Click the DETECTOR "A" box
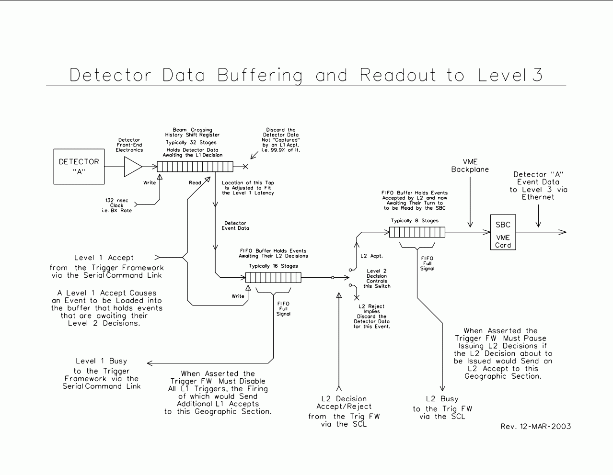tap(79, 167)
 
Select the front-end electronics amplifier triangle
tap(133, 167)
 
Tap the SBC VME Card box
tap(503, 232)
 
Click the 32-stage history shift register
tap(195, 167)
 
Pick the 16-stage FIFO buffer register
tap(273, 278)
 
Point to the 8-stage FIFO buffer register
tap(416, 232)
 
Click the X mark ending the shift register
tap(245, 167)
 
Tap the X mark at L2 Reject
tap(357, 298)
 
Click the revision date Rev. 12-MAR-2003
tap(535, 426)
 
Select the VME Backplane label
tap(470, 166)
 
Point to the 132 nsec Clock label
tap(116, 205)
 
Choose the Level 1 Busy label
tap(101, 361)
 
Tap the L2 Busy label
tap(442, 399)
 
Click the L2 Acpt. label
tap(371, 256)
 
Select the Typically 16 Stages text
tap(273, 266)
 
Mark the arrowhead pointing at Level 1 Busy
tap(150, 363)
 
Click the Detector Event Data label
tap(235, 226)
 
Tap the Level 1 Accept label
tap(104, 258)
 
